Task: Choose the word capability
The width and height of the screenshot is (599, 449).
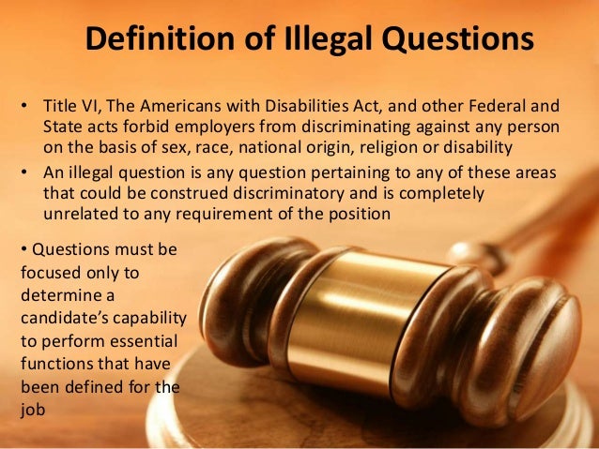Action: click(146, 317)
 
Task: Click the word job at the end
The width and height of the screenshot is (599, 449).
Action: click(30, 408)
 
